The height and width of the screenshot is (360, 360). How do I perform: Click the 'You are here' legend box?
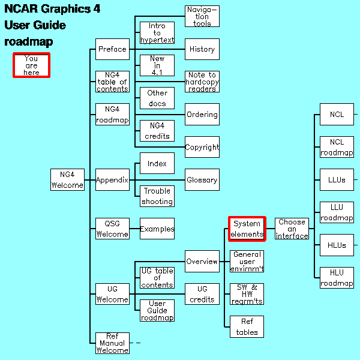click(31, 65)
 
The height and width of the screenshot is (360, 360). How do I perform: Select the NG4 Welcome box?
click(67, 179)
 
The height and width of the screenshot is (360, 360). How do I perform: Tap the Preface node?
click(112, 49)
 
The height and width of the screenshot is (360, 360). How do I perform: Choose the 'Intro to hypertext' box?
click(157, 33)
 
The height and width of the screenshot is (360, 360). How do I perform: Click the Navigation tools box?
click(202, 16)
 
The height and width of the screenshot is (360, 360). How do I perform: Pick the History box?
click(202, 49)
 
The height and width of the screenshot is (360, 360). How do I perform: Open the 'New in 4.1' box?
click(157, 65)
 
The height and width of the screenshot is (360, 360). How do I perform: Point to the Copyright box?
click(202, 147)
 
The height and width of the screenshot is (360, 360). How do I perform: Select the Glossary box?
click(202, 179)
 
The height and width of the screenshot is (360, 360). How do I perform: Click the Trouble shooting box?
click(157, 196)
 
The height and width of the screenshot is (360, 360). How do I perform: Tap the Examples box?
click(157, 229)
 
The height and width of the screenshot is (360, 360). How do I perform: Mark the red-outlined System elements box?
click(247, 229)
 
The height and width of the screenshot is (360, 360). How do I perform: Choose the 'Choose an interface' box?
click(292, 229)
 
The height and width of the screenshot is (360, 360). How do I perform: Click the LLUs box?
click(337, 179)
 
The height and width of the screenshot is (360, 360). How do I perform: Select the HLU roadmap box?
click(337, 278)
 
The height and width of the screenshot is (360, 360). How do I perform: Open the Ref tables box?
click(247, 327)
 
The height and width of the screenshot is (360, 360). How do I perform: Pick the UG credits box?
click(202, 294)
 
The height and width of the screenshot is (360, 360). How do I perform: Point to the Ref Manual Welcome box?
click(112, 343)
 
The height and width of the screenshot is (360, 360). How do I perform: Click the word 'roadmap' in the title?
click(29, 42)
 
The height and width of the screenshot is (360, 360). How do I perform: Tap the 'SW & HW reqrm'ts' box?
click(247, 294)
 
